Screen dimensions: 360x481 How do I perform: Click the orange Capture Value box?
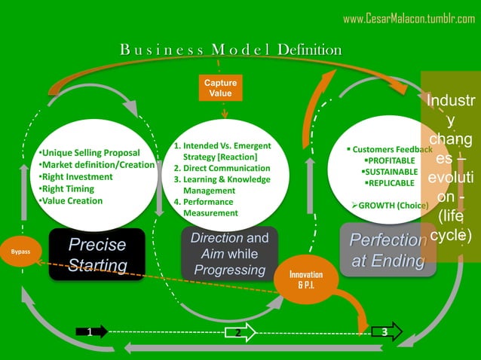click(x=222, y=87)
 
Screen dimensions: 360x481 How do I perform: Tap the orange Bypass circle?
click(x=20, y=252)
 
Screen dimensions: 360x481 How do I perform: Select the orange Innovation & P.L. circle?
click(x=305, y=279)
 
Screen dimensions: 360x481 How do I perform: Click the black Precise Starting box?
click(x=97, y=255)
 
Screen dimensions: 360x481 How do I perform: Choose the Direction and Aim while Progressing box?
click(x=229, y=254)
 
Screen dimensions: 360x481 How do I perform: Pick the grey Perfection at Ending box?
click(x=387, y=250)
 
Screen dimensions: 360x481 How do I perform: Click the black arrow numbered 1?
click(x=92, y=331)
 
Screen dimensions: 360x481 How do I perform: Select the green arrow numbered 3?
click(x=386, y=331)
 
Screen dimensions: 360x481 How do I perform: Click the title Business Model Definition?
click(x=230, y=50)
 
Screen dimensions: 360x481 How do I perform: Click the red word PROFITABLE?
click(x=391, y=160)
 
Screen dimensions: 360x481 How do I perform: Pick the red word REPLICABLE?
click(x=390, y=183)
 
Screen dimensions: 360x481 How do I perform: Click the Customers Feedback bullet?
click(x=391, y=149)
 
